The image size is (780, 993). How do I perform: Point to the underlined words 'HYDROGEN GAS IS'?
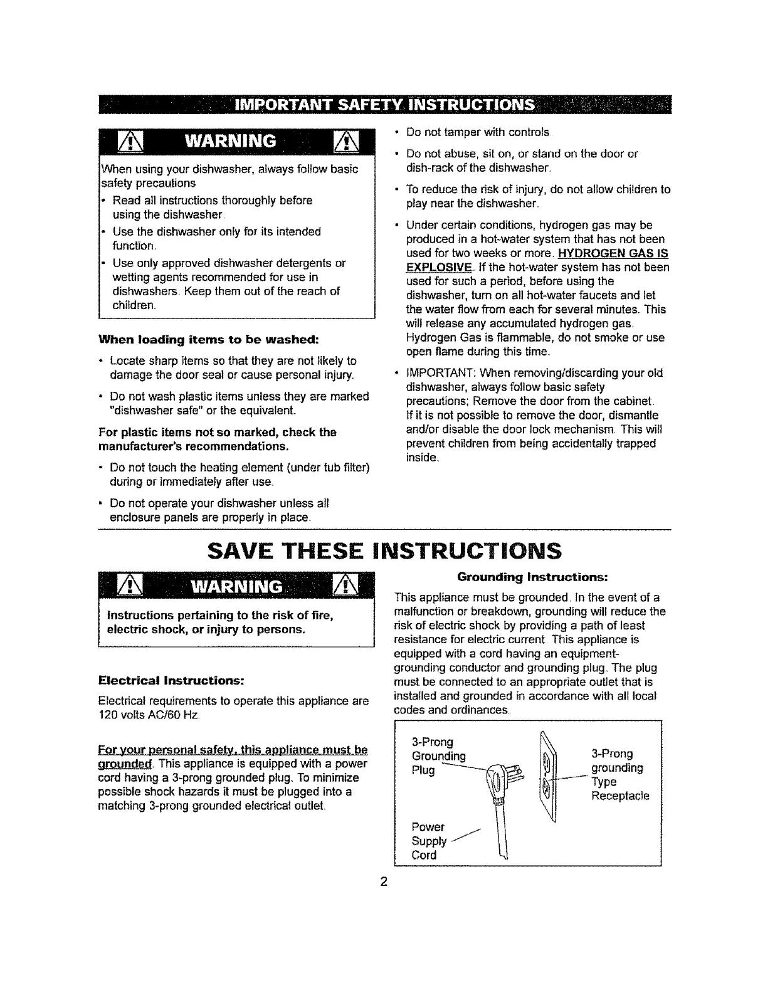(x=612, y=253)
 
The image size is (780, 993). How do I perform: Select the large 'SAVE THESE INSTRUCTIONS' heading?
(x=384, y=550)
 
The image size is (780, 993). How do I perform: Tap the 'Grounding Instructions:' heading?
(x=533, y=575)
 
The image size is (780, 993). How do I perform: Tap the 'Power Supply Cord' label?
(x=428, y=841)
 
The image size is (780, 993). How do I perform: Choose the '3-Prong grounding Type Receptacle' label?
(x=619, y=775)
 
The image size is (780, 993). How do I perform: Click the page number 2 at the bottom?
(x=384, y=883)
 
